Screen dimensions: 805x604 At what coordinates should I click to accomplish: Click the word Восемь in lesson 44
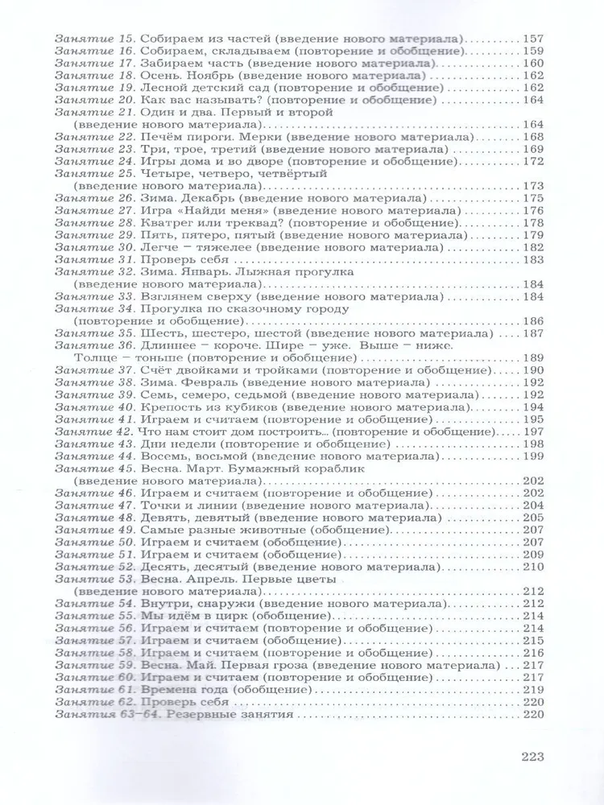(x=165, y=457)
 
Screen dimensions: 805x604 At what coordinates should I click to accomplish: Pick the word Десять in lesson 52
(x=163, y=568)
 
